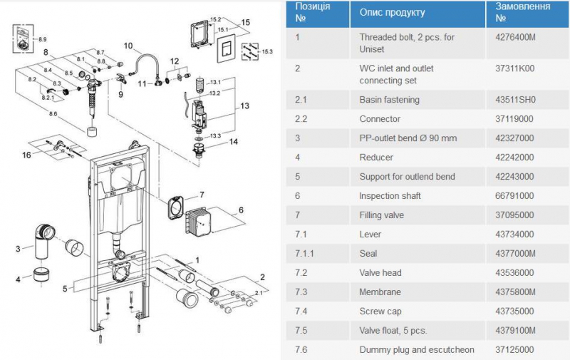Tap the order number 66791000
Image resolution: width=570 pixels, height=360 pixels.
pyautogui.click(x=514, y=195)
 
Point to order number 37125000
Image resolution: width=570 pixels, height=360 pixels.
pyautogui.click(x=514, y=350)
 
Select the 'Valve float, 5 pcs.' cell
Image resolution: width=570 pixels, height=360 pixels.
pyautogui.click(x=393, y=330)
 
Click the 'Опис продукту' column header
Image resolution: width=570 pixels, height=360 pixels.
pyautogui.click(x=392, y=12)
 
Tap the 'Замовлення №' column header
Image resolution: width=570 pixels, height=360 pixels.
pyautogui.click(x=523, y=12)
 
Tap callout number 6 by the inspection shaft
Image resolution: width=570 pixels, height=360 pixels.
pyautogui.click(x=241, y=210)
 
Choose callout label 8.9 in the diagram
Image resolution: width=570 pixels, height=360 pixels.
pyautogui.click(x=43, y=38)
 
